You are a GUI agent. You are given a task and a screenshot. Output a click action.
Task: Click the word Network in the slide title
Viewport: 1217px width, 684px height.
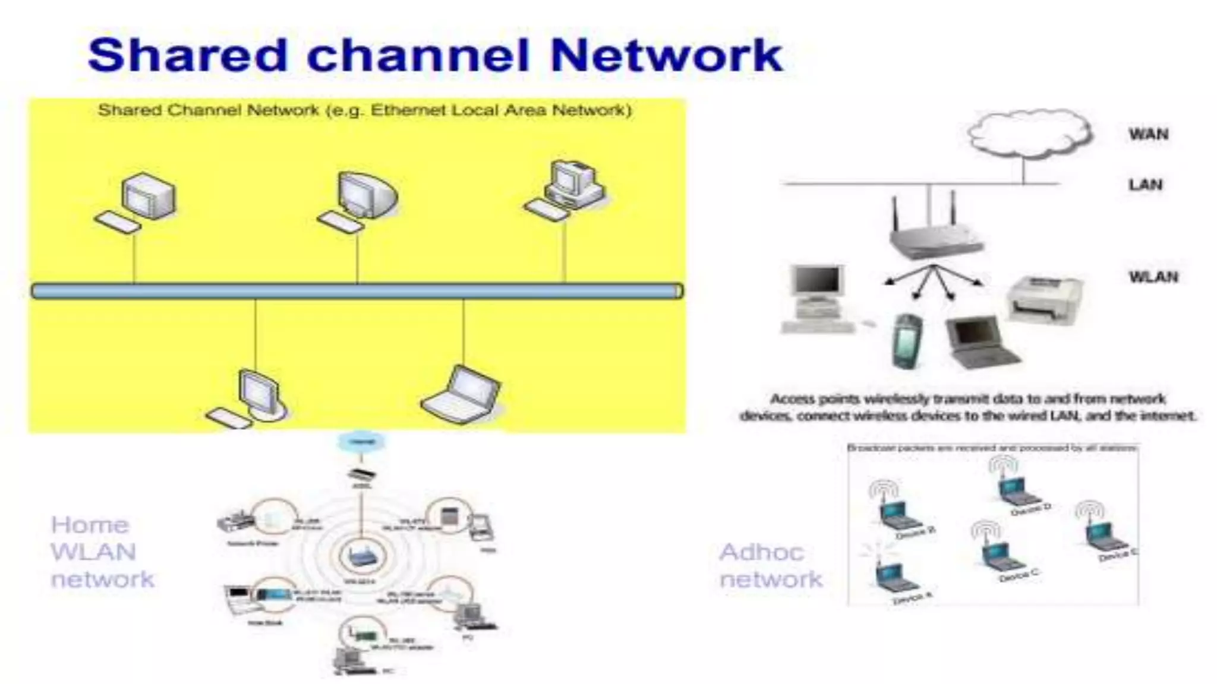pos(666,55)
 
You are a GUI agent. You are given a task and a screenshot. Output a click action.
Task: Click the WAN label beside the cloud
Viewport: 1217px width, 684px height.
pos(1148,134)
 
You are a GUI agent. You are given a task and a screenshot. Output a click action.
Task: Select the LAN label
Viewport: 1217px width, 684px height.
pos(1145,185)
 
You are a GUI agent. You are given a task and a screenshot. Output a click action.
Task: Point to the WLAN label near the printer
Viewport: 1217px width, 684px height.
pos(1153,277)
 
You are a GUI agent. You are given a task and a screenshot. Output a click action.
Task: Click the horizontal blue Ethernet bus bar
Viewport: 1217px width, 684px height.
pos(357,291)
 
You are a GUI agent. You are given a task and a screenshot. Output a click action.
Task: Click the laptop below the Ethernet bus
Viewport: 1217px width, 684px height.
pos(462,394)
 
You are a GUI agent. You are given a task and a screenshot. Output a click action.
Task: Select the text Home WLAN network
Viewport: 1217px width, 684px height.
pos(102,552)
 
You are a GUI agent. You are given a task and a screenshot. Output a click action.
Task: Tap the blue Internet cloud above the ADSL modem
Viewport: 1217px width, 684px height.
pos(361,442)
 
